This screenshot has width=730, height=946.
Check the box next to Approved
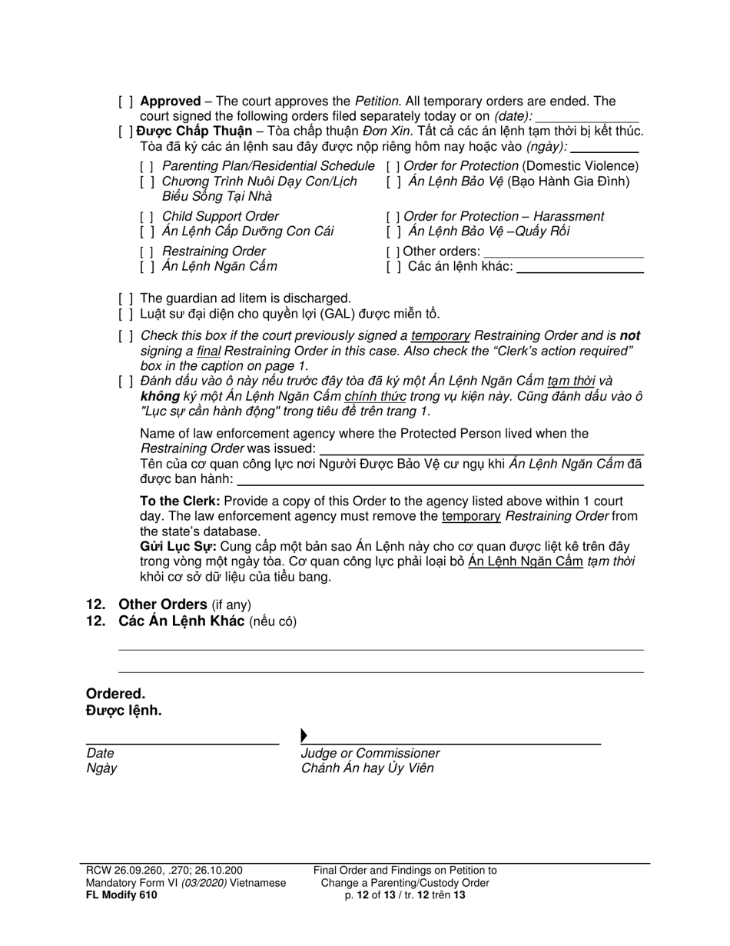point(125,102)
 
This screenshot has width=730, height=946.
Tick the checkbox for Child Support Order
point(147,217)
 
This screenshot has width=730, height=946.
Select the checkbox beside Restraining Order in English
point(147,251)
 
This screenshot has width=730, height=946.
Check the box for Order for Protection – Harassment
point(393,217)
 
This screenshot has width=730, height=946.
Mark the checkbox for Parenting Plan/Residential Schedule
point(147,166)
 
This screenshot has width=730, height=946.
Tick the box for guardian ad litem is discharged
point(125,298)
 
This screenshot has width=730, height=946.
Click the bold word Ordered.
point(115,694)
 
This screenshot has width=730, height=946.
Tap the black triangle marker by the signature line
point(304,736)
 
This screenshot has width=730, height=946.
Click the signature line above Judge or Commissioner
point(453,743)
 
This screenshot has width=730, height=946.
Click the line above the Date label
point(182,743)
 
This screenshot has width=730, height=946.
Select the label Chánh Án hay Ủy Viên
point(367,768)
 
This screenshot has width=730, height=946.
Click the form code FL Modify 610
point(123,895)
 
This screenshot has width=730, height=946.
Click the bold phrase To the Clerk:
point(180,501)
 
